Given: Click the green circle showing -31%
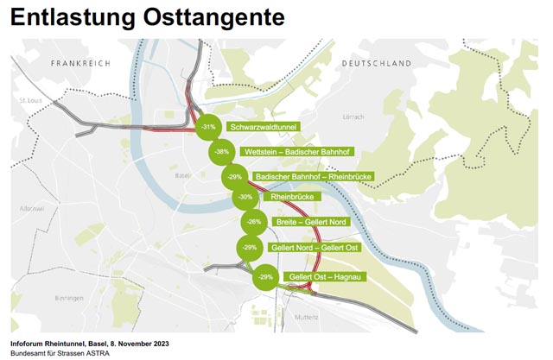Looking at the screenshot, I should pos(208,127).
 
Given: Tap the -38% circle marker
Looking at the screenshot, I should pos(221,152).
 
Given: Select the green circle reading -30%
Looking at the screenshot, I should pos(245,198).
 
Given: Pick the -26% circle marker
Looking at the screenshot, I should pos(253,222).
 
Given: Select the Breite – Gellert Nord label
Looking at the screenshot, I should pos(309,222).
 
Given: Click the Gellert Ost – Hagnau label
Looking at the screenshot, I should pos(325,276).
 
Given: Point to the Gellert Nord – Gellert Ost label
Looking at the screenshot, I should pos(313,248).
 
